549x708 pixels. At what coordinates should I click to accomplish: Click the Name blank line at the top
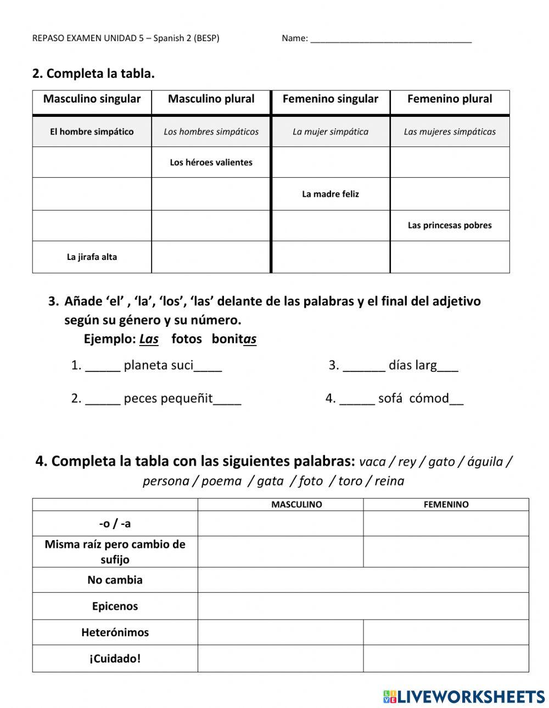[391, 39]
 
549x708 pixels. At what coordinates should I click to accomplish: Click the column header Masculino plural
[211, 99]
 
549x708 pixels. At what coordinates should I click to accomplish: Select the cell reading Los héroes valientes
[211, 162]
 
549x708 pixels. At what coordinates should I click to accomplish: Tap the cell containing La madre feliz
[330, 194]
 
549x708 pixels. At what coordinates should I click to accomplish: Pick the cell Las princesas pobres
[450, 225]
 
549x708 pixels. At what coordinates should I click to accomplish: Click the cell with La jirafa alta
[92, 257]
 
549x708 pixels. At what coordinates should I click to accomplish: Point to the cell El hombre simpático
[92, 132]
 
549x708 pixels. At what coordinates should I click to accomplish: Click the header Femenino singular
[330, 99]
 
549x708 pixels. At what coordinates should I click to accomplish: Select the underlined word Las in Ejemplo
[149, 339]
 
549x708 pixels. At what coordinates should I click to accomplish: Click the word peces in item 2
[141, 399]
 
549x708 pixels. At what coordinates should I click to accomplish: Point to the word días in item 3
[400, 365]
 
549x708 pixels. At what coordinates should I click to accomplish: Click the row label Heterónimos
[115, 632]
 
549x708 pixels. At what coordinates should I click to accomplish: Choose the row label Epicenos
[115, 606]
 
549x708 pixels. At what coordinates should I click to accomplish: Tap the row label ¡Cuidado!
[115, 659]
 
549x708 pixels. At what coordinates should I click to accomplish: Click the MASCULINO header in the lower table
[296, 505]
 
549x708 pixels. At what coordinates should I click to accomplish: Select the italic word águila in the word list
[485, 462]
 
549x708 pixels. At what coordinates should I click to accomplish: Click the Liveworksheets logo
[464, 696]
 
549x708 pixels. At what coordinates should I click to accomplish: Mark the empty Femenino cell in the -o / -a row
[446, 524]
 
